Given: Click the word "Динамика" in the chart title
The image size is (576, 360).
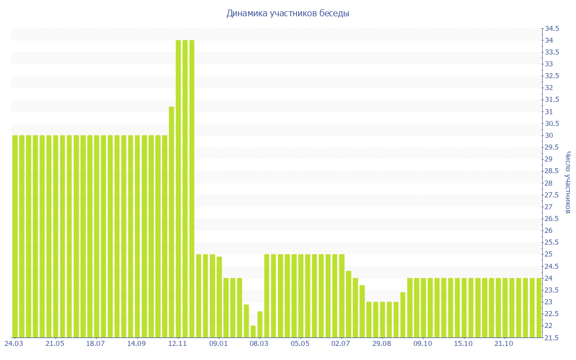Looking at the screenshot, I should [245, 13].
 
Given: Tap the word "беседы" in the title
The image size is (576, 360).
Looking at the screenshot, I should [334, 13].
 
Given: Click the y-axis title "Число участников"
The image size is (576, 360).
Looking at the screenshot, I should [568, 182].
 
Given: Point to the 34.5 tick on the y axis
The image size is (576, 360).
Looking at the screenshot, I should [551, 29].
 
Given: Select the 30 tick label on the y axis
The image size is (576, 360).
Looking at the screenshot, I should [548, 136].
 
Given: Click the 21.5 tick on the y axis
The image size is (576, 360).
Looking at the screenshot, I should [551, 337].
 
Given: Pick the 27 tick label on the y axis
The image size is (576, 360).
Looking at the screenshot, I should [548, 207].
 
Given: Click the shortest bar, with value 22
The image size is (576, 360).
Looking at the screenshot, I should [253, 331].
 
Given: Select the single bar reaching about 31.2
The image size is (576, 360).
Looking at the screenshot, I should [172, 222].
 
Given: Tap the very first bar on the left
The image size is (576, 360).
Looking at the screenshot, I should [15, 236].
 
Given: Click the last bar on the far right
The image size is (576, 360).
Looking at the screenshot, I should [539, 308].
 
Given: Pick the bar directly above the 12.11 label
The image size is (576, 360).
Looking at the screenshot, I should [178, 188].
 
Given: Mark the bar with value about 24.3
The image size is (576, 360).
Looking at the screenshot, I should [348, 304].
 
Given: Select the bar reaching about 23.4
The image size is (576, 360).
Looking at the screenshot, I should [403, 314].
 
